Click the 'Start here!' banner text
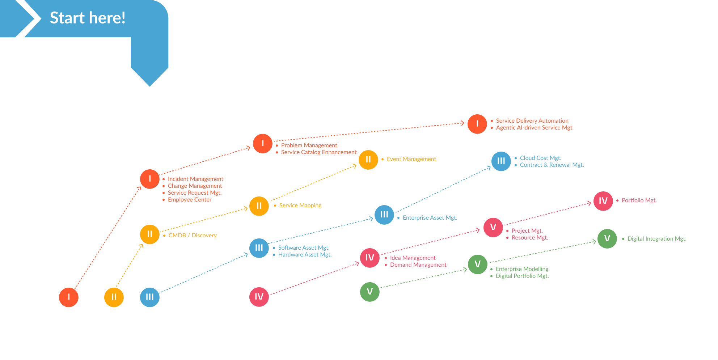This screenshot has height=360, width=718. (88, 18)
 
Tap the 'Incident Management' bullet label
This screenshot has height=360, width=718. (195, 179)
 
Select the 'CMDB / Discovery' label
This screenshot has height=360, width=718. (193, 236)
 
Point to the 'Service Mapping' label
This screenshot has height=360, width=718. (300, 206)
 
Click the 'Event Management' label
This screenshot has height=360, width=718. (411, 159)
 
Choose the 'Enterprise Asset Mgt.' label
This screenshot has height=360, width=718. (430, 218)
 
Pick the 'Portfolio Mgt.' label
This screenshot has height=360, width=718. (639, 200)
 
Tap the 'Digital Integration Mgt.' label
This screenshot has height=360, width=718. (657, 239)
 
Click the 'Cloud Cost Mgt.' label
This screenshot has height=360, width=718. (540, 158)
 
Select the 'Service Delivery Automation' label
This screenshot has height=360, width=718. (532, 121)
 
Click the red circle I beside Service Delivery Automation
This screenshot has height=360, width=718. (477, 124)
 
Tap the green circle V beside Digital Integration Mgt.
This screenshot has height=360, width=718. (607, 239)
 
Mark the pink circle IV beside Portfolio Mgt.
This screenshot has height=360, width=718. (603, 201)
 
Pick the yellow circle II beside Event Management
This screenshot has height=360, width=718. (368, 160)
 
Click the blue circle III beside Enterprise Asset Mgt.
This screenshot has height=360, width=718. (384, 215)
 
